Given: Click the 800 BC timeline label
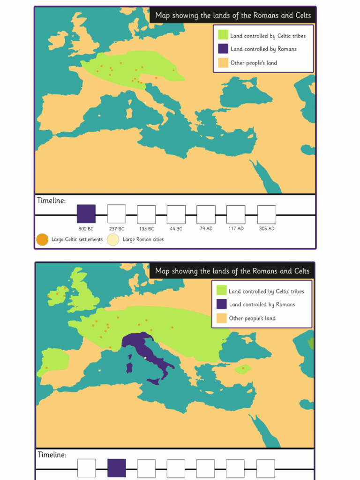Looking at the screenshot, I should pyautogui.click(x=86, y=229).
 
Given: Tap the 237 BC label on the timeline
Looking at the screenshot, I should pyautogui.click(x=116, y=229).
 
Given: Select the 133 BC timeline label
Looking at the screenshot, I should pyautogui.click(x=146, y=229).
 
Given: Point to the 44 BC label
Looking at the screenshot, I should pyautogui.click(x=176, y=229).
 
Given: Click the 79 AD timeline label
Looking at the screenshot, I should pyautogui.click(x=206, y=229).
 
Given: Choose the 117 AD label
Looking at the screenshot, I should pyautogui.click(x=236, y=229).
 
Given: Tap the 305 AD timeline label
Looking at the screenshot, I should pyautogui.click(x=266, y=229).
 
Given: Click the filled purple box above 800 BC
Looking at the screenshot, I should pyautogui.click(x=86, y=214).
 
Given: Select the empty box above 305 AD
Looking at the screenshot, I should pyautogui.click(x=266, y=214).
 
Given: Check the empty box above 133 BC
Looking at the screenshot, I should pyautogui.click(x=146, y=214).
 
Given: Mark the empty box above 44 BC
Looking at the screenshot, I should pyautogui.click(x=176, y=214).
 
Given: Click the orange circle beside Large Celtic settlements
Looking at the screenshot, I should pyautogui.click(x=42, y=240).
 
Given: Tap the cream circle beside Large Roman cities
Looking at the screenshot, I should pyautogui.click(x=113, y=240).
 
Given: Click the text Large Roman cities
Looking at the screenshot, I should pyautogui.click(x=143, y=240).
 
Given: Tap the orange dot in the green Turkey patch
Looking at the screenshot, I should pyautogui.click(x=243, y=368).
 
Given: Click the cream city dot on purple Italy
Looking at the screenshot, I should pyautogui.click(x=145, y=358).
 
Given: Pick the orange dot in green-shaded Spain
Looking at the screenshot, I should pyautogui.click(x=46, y=367).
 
